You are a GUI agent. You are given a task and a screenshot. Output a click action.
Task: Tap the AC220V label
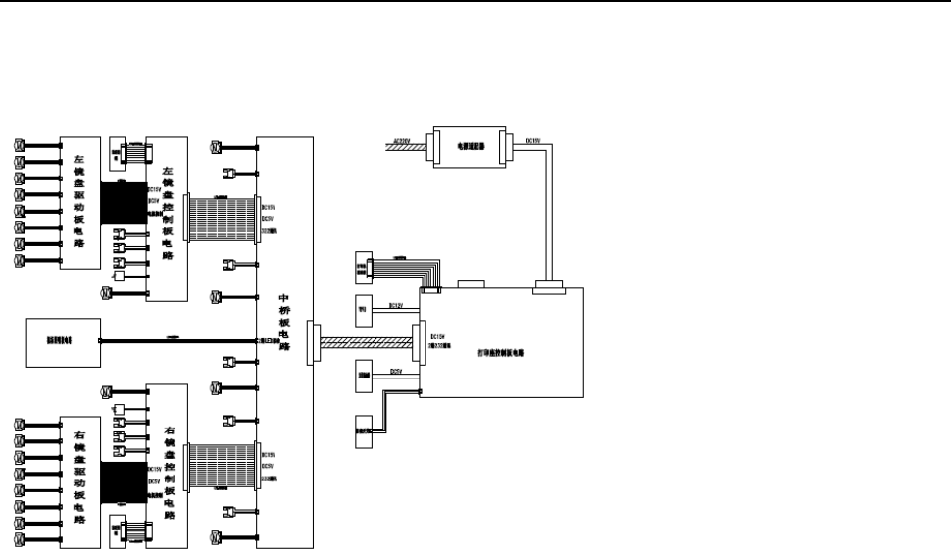tap(399, 141)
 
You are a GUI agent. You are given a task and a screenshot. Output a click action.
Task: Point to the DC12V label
tap(397, 305)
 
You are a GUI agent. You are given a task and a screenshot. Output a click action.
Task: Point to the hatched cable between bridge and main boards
tap(367, 343)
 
